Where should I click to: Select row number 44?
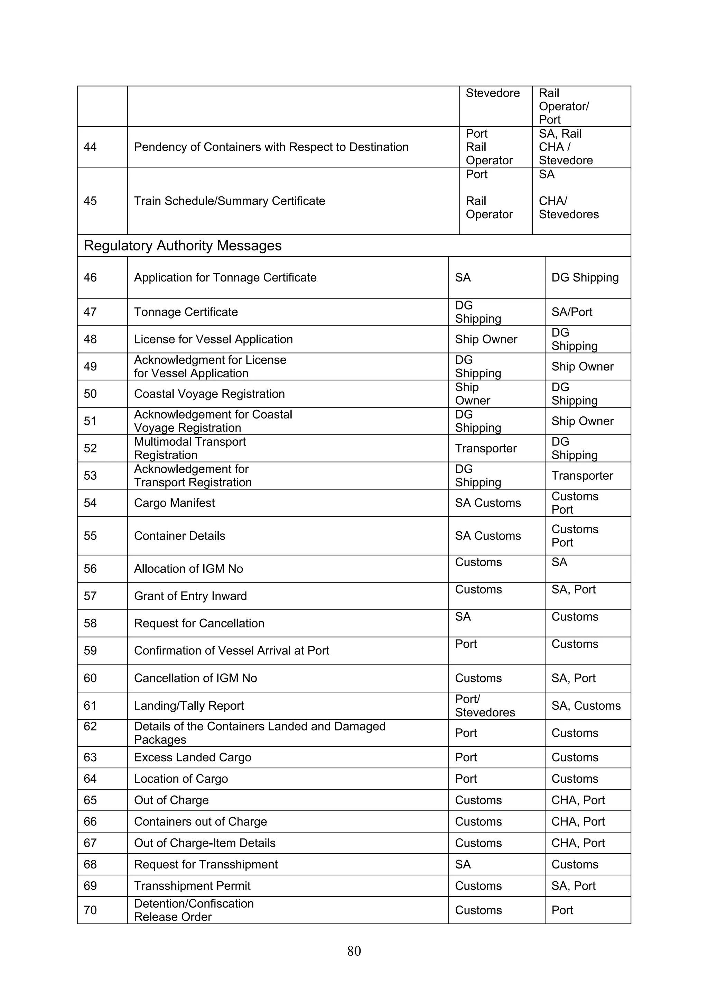pos(90,147)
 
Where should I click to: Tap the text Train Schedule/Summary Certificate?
pos(230,201)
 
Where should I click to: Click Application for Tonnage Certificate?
pos(225,277)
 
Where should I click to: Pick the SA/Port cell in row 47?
pos(571,312)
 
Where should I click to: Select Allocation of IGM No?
pos(188,569)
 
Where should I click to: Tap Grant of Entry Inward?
pos(190,596)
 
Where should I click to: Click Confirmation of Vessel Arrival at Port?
pos(231,651)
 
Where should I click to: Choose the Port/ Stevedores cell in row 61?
pos(484,706)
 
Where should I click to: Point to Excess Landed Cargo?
pos(192,757)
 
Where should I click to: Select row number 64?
pos(90,779)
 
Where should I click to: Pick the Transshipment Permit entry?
pos(192,885)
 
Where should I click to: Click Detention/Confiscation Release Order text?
pos(193,910)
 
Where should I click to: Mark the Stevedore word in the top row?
pos(493,93)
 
